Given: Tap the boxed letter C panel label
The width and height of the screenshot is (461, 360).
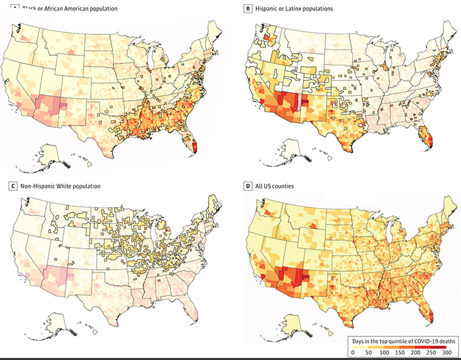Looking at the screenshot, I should (x=7, y=186).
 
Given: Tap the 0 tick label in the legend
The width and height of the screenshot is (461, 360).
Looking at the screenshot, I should (x=354, y=353).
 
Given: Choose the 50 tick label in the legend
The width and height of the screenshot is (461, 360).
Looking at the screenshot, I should (x=371, y=353).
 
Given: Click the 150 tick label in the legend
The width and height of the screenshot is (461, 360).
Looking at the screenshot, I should (x=406, y=353).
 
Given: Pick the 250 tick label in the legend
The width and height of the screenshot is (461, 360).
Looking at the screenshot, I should (x=439, y=353).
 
